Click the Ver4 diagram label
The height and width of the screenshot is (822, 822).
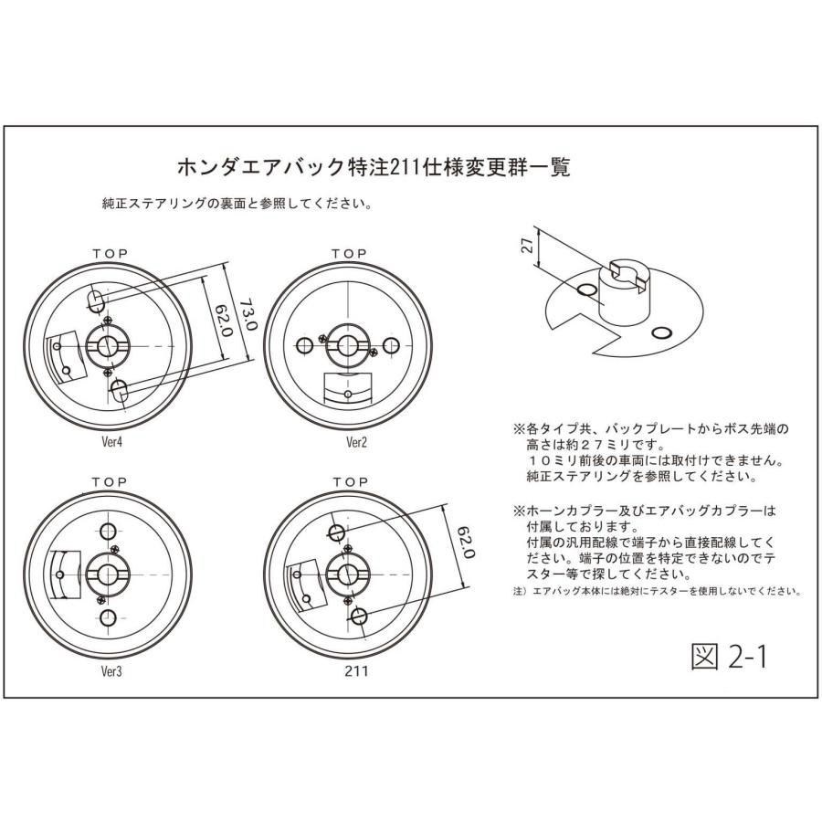pos(111,441)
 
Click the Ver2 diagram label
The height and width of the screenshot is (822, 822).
pos(356,442)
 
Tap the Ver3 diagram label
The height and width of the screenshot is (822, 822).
pos(111,671)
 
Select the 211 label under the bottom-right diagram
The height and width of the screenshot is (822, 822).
pos(356,670)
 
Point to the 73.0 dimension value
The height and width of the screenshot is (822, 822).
pos(248,314)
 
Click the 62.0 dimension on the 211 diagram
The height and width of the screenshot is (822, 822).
pos(466,543)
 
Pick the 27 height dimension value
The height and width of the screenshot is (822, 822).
pos(528,245)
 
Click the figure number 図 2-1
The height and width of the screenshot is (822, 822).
pos(730,657)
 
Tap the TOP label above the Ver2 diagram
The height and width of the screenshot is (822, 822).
pos(350,254)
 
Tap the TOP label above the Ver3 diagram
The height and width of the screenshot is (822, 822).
pos(110,481)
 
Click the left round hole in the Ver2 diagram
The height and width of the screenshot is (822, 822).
pos(304,345)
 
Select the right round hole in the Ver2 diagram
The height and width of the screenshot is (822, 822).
pos(391,345)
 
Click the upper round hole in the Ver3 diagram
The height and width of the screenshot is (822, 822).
pos(108,531)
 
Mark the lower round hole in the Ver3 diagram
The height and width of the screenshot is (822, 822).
pos(108,617)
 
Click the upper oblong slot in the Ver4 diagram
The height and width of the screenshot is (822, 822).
pos(95,300)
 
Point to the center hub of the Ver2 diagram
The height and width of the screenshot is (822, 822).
pos(346,346)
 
